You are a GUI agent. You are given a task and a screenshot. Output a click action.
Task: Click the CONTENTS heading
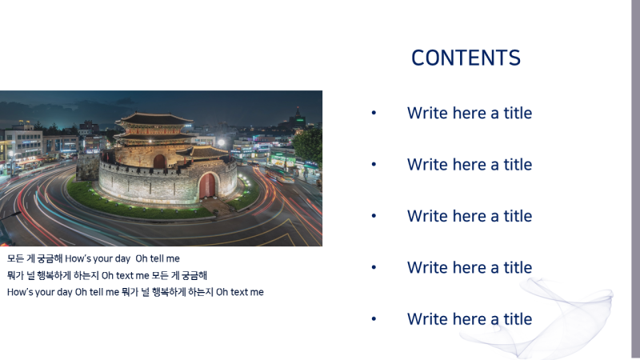tap(466, 58)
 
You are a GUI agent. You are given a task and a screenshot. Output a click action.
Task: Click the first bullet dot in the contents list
tap(374, 113)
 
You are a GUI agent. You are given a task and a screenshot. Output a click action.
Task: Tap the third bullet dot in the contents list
tap(374, 216)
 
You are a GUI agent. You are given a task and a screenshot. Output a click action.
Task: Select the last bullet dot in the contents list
tap(374, 319)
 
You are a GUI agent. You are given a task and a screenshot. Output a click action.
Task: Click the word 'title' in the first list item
tap(518, 113)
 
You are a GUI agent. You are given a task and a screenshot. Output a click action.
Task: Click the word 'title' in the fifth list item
tap(518, 319)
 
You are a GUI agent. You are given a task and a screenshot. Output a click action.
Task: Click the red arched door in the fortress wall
tap(208, 186)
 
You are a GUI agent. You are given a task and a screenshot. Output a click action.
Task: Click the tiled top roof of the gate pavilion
tap(154, 119)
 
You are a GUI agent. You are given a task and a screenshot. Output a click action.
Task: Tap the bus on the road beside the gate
tap(276, 173)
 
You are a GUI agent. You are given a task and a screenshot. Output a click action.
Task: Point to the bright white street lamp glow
tap(222, 143)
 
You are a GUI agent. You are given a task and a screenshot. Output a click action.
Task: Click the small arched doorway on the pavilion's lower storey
tap(159, 162)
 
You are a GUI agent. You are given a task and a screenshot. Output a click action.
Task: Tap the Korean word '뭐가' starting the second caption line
tap(15, 275)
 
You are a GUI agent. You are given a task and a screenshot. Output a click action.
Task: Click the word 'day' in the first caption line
tap(122, 258)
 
